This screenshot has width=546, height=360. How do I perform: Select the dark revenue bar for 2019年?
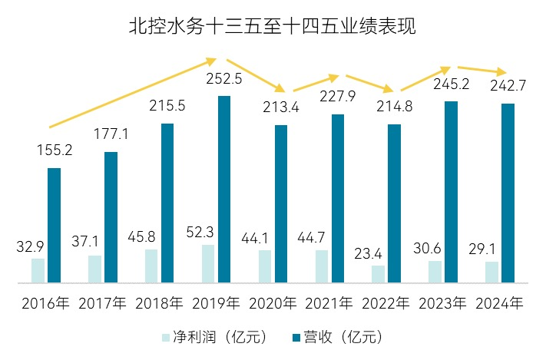click(224, 189)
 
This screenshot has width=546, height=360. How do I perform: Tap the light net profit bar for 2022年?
click(377, 275)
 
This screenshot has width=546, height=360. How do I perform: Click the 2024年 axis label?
click(499, 303)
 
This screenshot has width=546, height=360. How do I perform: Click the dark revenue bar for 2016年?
click(54, 226)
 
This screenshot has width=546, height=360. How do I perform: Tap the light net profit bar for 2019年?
click(207, 264)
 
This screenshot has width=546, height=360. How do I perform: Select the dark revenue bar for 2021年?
click(338, 199)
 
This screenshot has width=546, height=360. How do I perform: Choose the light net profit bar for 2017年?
click(94, 269)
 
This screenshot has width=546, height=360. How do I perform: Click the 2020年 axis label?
click(273, 303)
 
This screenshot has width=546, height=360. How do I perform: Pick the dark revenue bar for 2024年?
click(508, 193)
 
